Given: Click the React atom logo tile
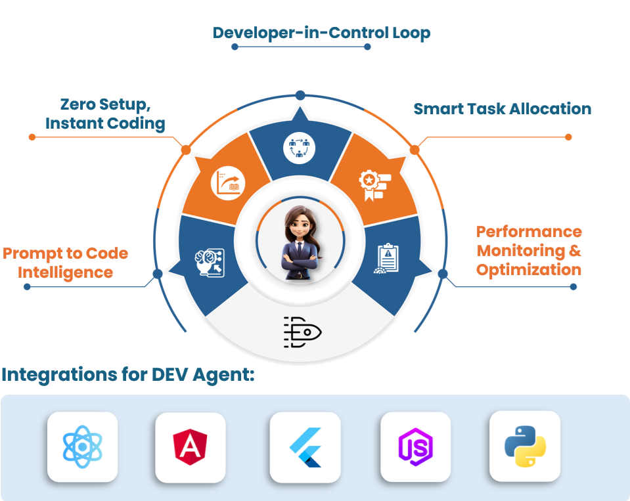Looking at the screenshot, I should coord(82,447).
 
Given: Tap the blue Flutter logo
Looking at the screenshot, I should coord(305,447).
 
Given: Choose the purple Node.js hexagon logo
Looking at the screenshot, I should coord(416,447).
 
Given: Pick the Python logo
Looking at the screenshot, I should coord(525,446).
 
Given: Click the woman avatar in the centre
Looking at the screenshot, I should coord(300,243).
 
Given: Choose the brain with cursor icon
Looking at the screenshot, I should coord(208,263).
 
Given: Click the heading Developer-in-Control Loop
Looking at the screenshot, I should coord(321,32).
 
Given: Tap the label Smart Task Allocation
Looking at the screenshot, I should coord(502,108).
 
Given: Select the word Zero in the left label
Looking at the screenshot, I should coord(78,104).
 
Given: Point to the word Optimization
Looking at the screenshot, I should coord(528,270).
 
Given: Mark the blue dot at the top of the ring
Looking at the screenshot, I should coord(300,95).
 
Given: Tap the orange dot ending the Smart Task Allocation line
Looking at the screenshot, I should coord(568,137).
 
